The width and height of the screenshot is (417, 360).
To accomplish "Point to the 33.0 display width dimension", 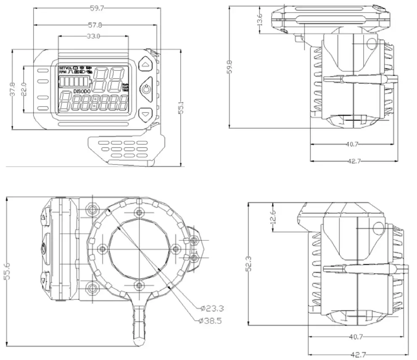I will pyautogui.click(x=93, y=37).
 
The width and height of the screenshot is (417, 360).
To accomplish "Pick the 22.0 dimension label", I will pyautogui.click(x=23, y=89).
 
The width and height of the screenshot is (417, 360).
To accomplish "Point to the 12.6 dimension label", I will pyautogui.click(x=273, y=217).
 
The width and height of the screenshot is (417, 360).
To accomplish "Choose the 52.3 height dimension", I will pyautogui.click(x=249, y=263).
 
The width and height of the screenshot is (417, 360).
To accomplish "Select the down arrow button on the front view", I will pyautogui.click(x=146, y=113).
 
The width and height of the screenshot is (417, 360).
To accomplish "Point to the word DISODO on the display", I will pyautogui.click(x=82, y=91).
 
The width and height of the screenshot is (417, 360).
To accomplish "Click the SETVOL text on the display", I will pyautogui.click(x=66, y=68).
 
